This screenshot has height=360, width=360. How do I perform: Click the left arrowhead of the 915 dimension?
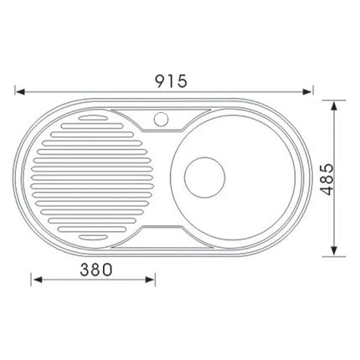[x=18, y=91]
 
